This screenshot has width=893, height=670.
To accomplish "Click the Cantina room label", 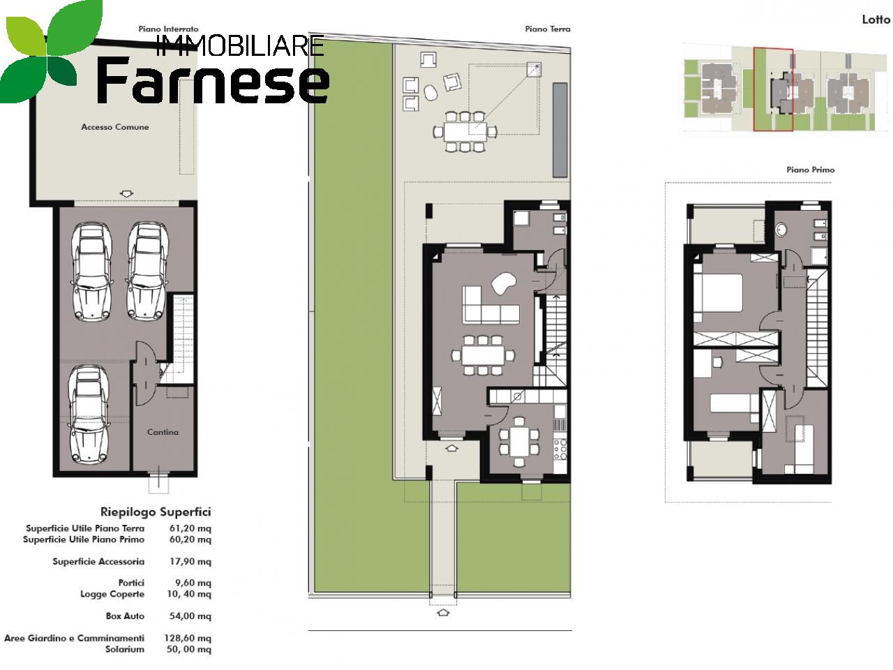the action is [163, 432].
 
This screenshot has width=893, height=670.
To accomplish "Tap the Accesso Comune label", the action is [114, 127].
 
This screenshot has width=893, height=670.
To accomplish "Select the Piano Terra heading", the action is [548, 29].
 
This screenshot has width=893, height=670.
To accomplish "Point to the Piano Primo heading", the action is [811, 170].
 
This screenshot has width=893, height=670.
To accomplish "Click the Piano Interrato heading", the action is [168, 29].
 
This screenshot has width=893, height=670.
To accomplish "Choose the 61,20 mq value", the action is [190, 528].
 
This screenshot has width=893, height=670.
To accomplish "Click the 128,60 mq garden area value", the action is [188, 638].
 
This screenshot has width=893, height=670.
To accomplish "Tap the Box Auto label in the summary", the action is [125, 616].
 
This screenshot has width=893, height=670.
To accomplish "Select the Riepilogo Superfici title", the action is [156, 512].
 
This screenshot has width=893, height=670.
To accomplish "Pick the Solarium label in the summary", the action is [125, 649].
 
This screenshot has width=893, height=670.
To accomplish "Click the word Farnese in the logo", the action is [213, 80].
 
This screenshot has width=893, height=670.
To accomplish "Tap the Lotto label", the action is [876, 20].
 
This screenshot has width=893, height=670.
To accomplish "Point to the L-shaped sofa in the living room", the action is [490, 305].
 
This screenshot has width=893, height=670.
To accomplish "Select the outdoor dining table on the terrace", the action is [465, 132].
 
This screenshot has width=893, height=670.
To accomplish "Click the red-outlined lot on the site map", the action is [773, 89].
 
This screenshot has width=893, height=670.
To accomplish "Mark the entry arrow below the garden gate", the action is [443, 613].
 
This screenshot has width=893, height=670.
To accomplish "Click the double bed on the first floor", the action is [719, 293].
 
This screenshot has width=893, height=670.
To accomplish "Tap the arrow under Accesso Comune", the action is [127, 194].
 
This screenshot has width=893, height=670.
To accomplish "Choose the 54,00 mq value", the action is [190, 616].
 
